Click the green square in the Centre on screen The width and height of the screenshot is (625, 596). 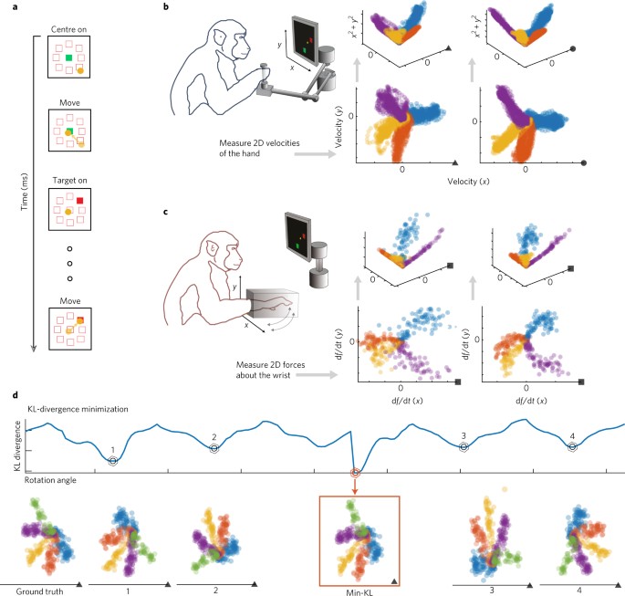pos(69,59)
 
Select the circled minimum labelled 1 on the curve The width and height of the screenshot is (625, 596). pos(112,461)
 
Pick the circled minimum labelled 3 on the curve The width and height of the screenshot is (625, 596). pos(464,446)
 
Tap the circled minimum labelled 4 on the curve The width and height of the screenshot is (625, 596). pos(572,446)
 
